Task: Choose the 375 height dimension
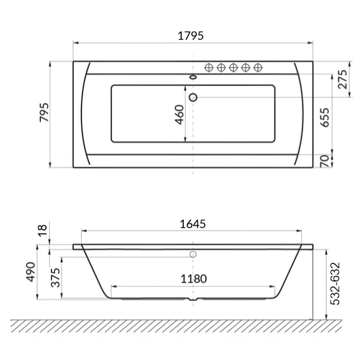56,277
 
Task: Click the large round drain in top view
193,97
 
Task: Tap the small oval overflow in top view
193,77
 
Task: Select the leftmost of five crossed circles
209,68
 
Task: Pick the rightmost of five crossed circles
257,68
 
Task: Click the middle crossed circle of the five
233,68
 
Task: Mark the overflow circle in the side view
193,254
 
